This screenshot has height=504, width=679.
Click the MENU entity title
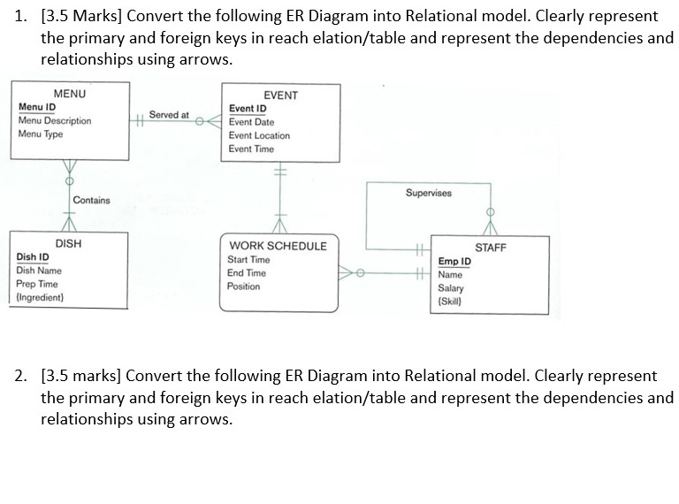[70, 94]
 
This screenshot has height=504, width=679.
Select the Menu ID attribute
[37, 107]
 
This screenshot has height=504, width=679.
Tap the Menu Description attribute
[55, 120]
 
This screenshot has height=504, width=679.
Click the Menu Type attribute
[41, 134]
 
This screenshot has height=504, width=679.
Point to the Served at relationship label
[169, 115]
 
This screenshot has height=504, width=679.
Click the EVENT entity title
[281, 95]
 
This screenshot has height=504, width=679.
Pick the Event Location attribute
[259, 135]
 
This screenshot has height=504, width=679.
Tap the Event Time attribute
[251, 149]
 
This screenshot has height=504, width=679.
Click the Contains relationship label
[92, 201]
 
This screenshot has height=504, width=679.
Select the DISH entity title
[68, 243]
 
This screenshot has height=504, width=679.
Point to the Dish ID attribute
[33, 256]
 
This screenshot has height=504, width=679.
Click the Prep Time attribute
[37, 284]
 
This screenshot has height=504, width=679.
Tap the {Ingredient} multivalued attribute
[40, 297]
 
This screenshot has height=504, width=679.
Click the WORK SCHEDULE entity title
[278, 246]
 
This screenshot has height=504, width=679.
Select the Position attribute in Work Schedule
[244, 286]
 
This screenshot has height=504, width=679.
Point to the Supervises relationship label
[428, 193]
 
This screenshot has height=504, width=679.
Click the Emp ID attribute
[454, 262]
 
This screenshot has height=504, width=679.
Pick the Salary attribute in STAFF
[451, 288]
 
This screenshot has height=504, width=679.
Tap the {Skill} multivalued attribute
[450, 302]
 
